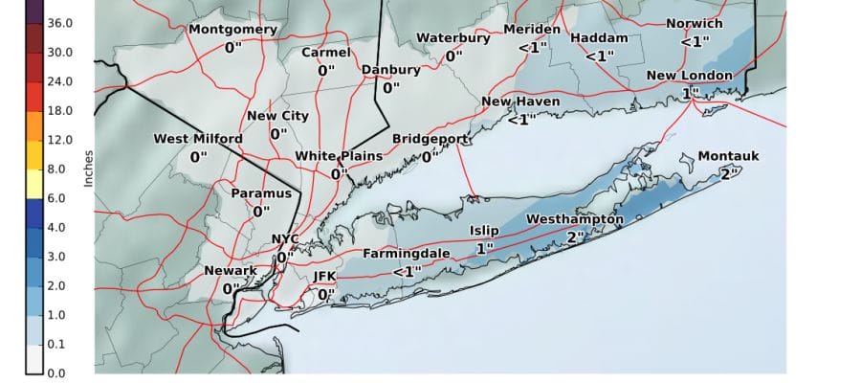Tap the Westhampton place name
click(x=574, y=220)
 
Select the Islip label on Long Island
click(x=484, y=231)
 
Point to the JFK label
click(x=326, y=277)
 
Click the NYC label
click(x=285, y=239)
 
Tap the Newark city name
click(x=231, y=271)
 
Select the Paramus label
click(x=260, y=193)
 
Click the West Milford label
click(x=198, y=139)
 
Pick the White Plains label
click(x=339, y=156)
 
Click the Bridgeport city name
click(x=430, y=139)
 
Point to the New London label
click(x=689, y=76)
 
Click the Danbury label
click(x=390, y=70)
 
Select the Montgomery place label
click(x=232, y=29)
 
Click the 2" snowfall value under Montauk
click(x=728, y=173)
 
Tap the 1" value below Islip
click(x=484, y=248)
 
